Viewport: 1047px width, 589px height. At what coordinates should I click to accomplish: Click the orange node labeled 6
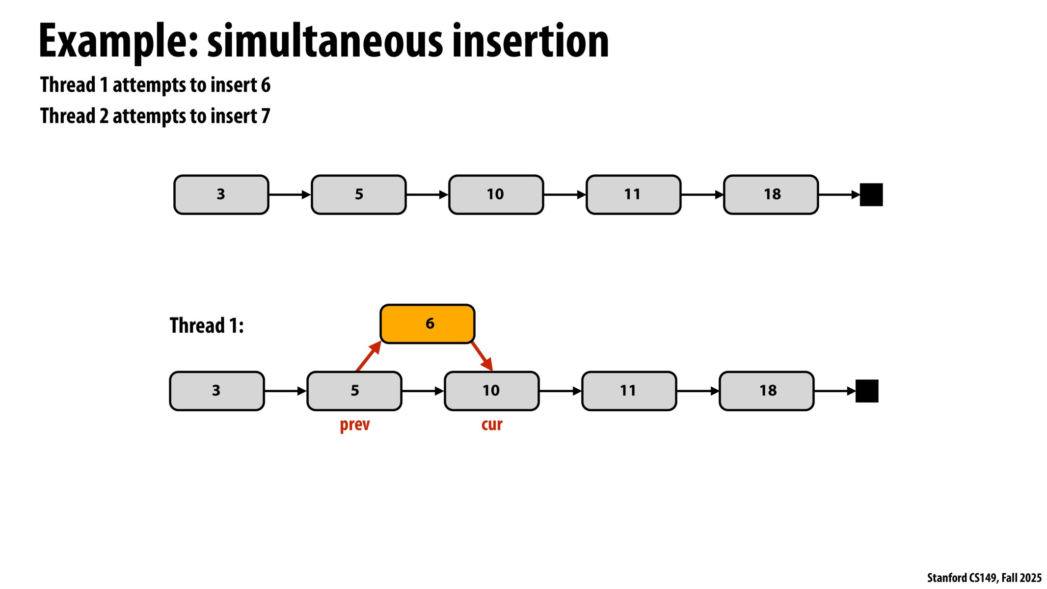427,323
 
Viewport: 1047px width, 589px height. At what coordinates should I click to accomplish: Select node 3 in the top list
221,194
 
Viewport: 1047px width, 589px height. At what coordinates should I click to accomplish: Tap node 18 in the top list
771,194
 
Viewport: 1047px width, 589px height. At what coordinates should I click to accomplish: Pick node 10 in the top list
496,194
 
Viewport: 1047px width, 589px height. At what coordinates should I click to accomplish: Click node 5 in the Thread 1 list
354,391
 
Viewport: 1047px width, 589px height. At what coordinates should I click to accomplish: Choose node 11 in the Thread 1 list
629,391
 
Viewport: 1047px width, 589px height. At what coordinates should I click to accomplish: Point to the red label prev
354,425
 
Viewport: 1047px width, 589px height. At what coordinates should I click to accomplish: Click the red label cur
492,425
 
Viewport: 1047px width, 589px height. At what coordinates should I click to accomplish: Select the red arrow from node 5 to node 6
368,356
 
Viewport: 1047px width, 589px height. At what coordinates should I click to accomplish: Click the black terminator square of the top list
871,195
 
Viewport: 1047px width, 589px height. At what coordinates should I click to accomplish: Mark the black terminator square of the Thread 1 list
867,391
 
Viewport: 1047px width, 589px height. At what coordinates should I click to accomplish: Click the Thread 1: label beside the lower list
207,325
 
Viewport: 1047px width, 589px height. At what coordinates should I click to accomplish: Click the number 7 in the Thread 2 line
266,116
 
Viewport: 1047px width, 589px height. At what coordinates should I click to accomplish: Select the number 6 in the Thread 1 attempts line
266,85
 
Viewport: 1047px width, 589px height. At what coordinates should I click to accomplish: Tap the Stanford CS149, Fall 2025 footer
984,578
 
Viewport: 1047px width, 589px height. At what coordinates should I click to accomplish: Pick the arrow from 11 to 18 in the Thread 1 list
698,391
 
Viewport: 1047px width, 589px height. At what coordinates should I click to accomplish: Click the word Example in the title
118,41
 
